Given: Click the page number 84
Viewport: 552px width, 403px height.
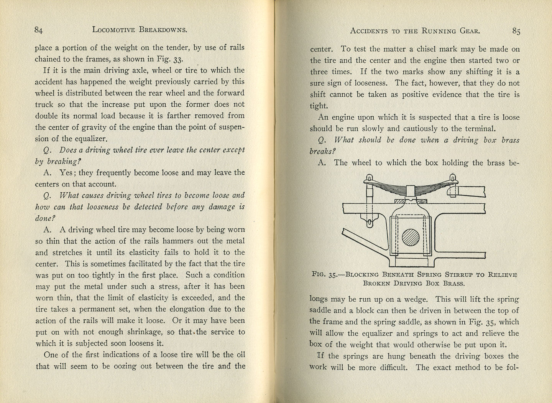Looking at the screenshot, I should [38, 30].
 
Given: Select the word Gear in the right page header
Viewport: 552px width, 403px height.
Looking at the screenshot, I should [469, 31].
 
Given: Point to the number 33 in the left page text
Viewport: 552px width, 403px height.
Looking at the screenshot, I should [178, 59].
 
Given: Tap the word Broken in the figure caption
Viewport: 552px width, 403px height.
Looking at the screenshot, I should [377, 284].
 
